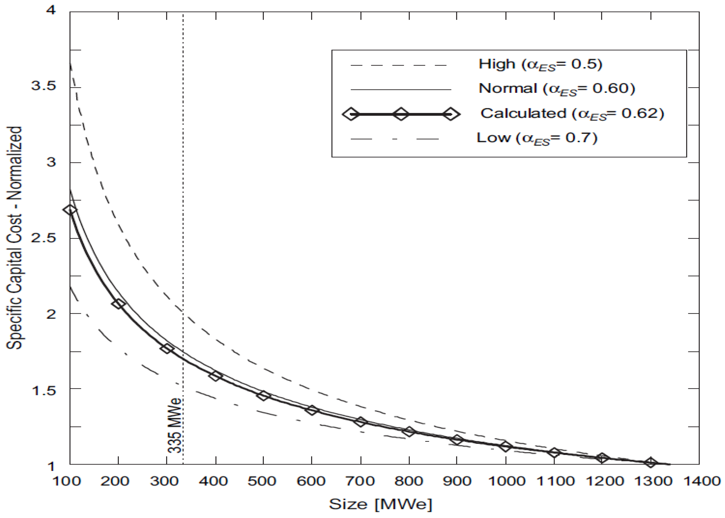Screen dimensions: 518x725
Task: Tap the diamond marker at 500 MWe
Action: tap(263, 396)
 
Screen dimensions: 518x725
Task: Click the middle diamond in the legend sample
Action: tap(401, 114)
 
